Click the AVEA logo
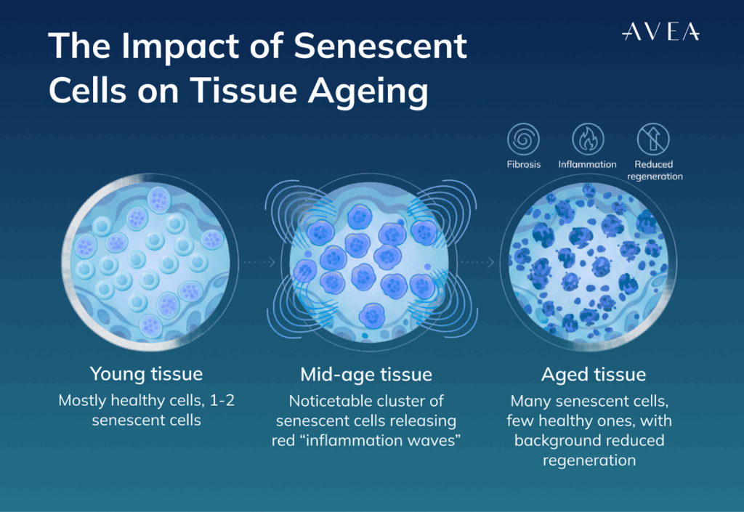pyautogui.click(x=660, y=31)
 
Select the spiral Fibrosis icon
pyautogui.click(x=523, y=138)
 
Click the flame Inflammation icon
pyautogui.click(x=587, y=138)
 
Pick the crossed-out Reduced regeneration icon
pyautogui.click(x=652, y=138)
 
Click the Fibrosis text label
pyautogui.click(x=523, y=164)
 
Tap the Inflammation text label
pyautogui.click(x=587, y=164)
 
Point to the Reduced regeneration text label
pyautogui.click(x=653, y=170)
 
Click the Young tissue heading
pyautogui.click(x=146, y=374)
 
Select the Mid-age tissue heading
pyautogui.click(x=366, y=374)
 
